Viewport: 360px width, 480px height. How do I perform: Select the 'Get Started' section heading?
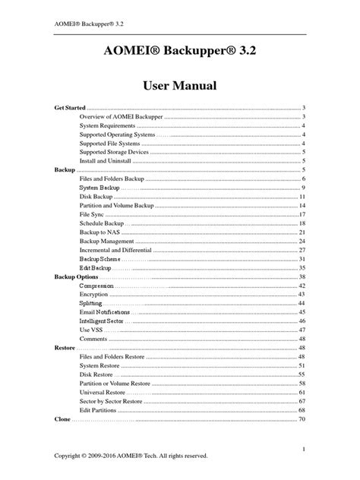pyautogui.click(x=70, y=109)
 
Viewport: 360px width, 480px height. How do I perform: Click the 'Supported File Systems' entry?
pyautogui.click(x=111, y=144)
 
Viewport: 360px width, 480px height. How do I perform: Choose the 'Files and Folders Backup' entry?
pyautogui.click(x=112, y=178)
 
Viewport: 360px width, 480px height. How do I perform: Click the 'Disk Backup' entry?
pyautogui.click(x=97, y=197)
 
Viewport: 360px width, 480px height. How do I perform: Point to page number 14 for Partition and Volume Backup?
pyautogui.click(x=302, y=206)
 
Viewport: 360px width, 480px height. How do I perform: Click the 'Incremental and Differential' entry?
pyautogui.click(x=115, y=250)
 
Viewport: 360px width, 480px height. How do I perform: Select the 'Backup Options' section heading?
pyautogui.click(x=76, y=276)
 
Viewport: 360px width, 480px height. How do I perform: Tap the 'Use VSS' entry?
pyautogui.click(x=92, y=330)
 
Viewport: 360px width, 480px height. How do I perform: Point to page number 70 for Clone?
pyautogui.click(x=302, y=418)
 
